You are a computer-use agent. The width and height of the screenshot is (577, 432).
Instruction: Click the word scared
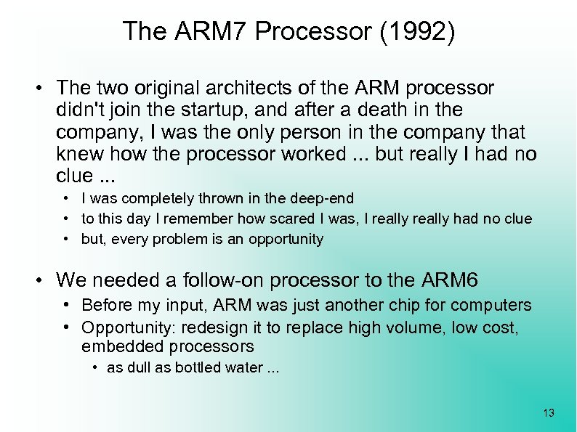coord(285,219)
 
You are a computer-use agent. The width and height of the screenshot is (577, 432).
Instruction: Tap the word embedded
coord(114,347)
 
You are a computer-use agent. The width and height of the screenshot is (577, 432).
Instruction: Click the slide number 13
coord(548,413)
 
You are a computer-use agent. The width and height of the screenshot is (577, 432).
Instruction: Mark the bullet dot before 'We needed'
coord(44,280)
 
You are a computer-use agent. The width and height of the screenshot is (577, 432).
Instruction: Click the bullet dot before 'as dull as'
coord(96,368)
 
